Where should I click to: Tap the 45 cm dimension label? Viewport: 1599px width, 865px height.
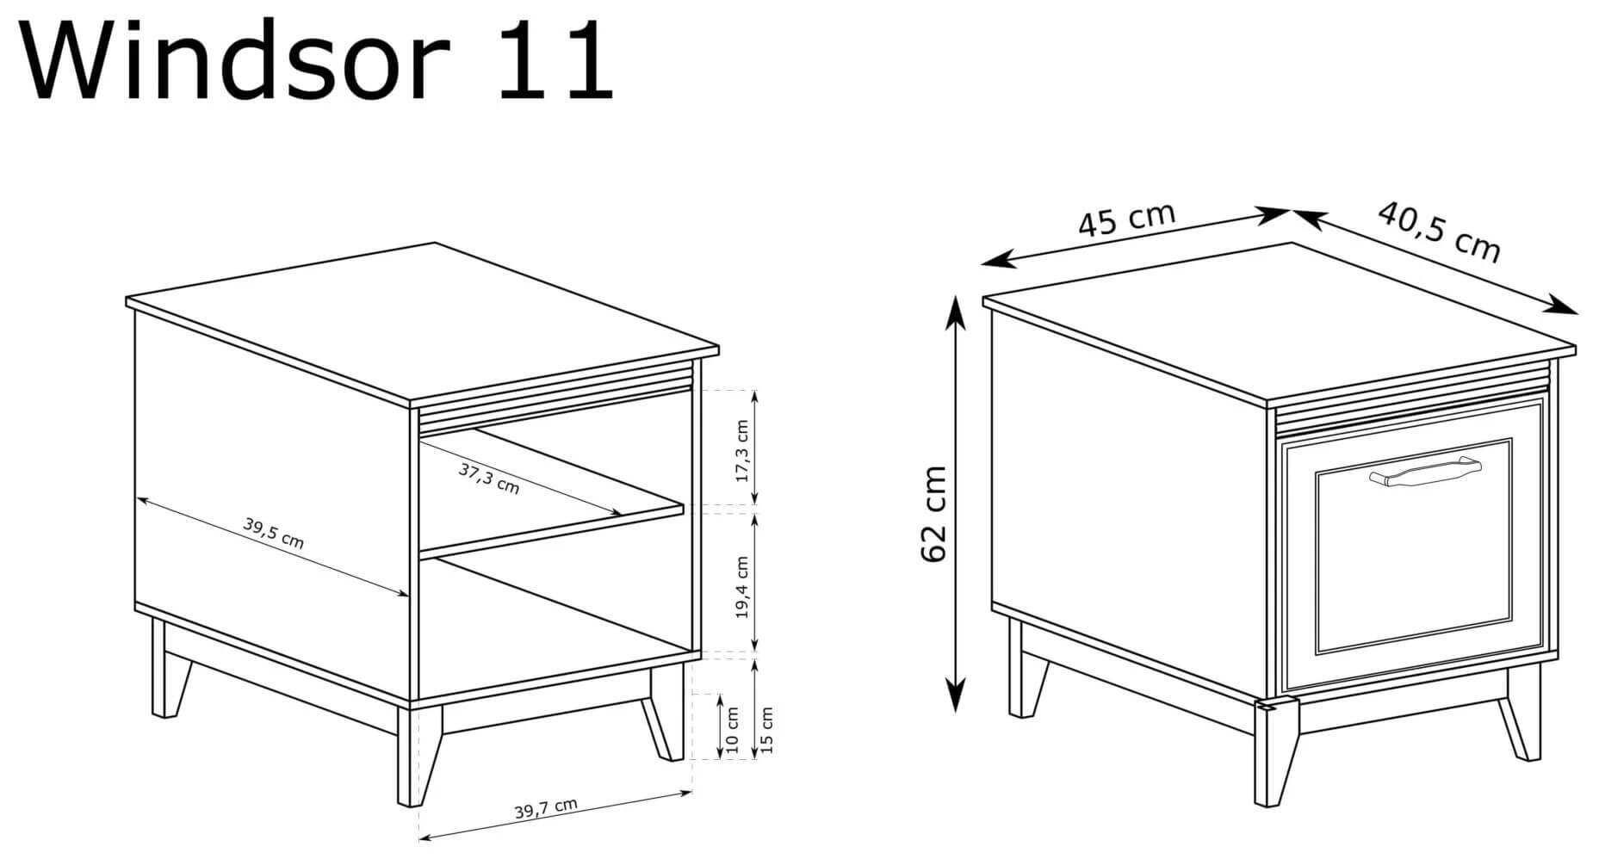[1126, 220]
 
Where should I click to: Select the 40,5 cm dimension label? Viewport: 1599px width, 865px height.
[1439, 231]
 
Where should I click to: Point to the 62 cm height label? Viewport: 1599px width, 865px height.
[934, 514]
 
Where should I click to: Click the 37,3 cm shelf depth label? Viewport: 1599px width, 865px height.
[489, 479]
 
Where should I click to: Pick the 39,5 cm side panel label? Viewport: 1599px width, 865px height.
[273, 533]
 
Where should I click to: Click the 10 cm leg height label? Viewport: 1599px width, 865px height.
[733, 731]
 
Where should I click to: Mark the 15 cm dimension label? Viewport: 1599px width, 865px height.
[767, 729]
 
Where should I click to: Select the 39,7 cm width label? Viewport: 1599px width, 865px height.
[546, 808]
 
